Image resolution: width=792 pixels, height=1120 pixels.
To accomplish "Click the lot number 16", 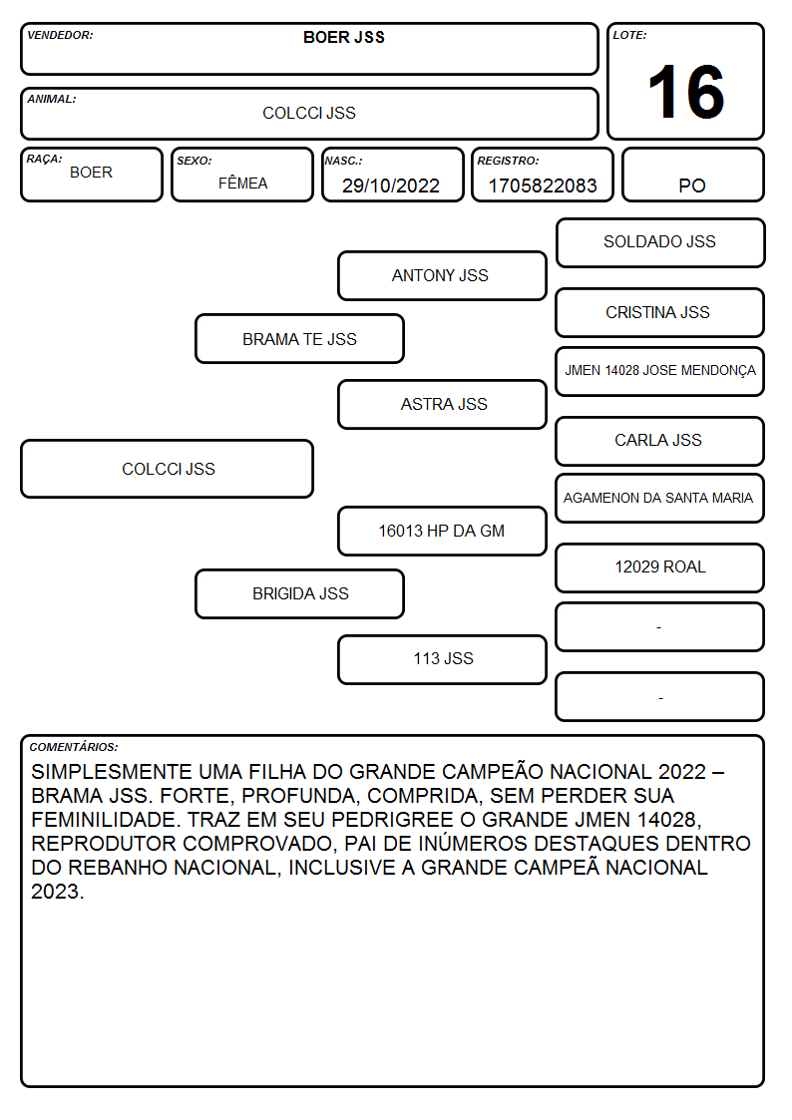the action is click(685, 92).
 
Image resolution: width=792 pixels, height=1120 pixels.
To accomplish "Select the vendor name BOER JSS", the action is click(343, 37).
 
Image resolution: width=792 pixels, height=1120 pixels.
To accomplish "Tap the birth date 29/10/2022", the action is click(391, 186).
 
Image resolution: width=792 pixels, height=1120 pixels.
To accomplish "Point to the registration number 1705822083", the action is click(542, 186).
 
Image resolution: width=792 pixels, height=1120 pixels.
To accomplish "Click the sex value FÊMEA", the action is click(242, 183).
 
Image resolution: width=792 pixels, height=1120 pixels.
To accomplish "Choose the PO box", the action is click(692, 175).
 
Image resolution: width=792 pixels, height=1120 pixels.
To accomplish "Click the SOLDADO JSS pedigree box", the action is click(660, 243).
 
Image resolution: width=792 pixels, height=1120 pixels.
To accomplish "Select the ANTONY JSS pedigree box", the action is click(442, 275).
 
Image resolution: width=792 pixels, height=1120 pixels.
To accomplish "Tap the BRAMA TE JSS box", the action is click(299, 338).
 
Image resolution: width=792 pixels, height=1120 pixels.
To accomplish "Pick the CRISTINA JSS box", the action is click(660, 312).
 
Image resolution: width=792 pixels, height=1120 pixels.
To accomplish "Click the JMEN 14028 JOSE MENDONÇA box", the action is click(660, 371).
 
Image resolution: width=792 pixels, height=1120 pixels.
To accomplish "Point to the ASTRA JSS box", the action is click(442, 404).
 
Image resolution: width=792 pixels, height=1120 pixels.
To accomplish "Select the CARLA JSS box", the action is click(660, 441).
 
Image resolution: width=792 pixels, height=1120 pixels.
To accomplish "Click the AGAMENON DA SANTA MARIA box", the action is click(660, 498).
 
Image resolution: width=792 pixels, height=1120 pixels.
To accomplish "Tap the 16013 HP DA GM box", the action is click(442, 531).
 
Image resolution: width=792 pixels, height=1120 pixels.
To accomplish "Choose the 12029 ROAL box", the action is click(660, 567).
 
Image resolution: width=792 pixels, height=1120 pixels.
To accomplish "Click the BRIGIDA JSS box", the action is click(299, 593).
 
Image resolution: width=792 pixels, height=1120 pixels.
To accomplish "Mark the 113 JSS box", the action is click(442, 659).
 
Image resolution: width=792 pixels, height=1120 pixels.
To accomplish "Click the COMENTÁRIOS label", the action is click(74, 747).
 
